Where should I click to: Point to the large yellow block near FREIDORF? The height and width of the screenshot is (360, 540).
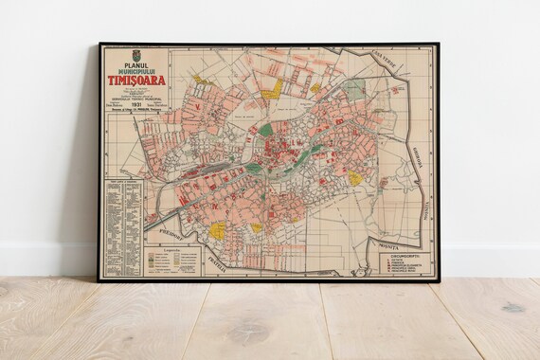[x=217, y=229]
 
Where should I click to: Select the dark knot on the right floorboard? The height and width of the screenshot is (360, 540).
[x=512, y=308]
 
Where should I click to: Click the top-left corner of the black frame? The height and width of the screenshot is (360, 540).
[x=99, y=43]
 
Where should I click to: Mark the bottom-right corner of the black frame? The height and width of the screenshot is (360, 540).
[x=436, y=280]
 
